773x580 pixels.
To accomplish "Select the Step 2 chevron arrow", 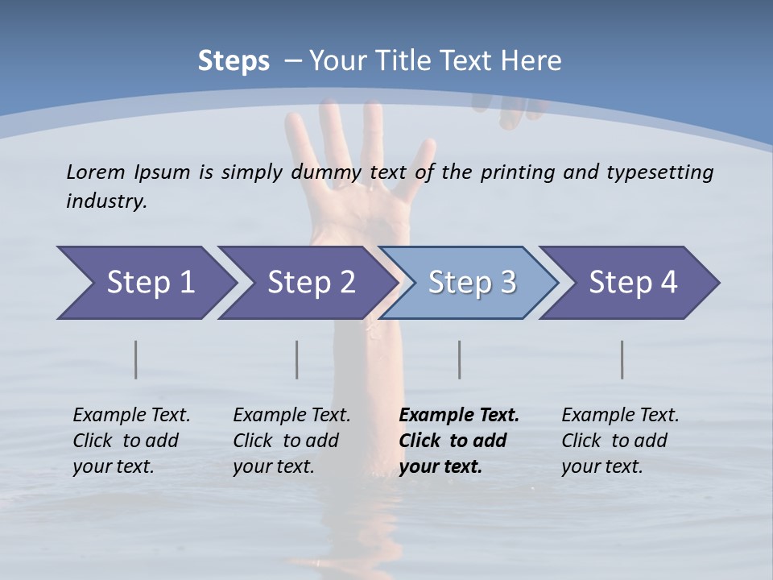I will coord(310,283).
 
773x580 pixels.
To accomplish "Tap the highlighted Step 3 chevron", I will coord(471,283).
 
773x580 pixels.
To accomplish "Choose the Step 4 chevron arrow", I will coord(632,283).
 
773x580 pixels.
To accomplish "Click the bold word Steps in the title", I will coord(234,60).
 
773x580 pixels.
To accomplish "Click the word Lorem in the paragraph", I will coord(95,172).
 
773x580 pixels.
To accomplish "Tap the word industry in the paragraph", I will coord(105,201).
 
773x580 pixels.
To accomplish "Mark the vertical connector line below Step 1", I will coord(136,359).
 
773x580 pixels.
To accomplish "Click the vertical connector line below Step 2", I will coord(297,359).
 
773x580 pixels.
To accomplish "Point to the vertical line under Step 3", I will coord(460,359).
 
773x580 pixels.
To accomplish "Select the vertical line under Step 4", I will coord(622,359).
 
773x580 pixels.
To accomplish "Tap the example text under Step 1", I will coord(130,441).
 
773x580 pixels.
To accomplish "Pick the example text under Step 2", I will coord(291,441).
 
